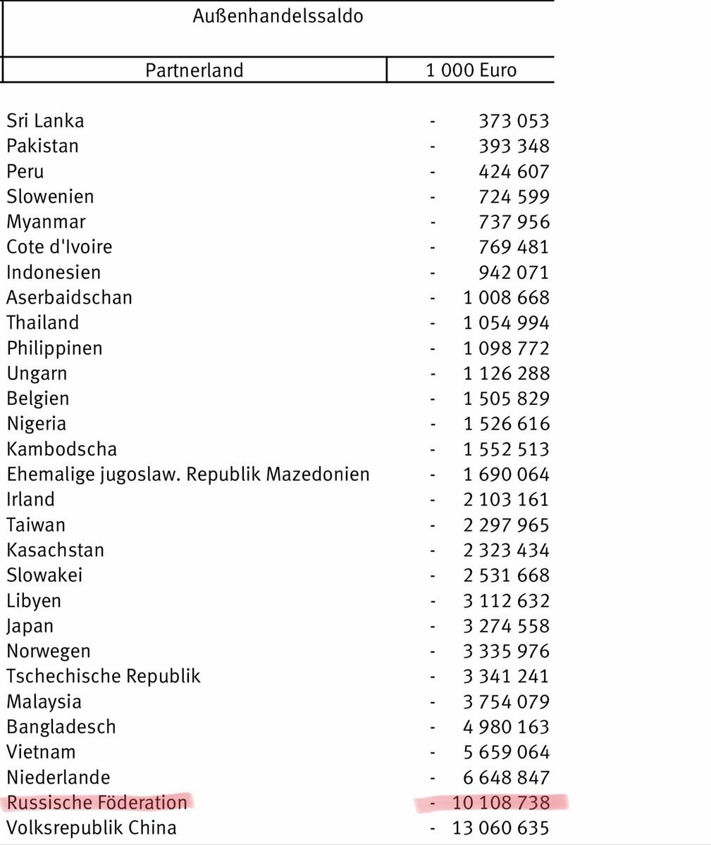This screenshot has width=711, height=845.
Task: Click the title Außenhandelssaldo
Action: pyautogui.click(x=278, y=16)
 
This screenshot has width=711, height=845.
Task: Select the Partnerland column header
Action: pyautogui.click(x=194, y=70)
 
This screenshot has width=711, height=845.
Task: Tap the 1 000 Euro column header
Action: pyautogui.click(x=471, y=70)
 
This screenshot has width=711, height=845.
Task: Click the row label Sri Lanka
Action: pyautogui.click(x=45, y=120)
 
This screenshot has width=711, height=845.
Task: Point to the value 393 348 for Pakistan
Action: pyautogui.click(x=513, y=146)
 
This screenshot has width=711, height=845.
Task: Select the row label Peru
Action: pyautogui.click(x=25, y=171)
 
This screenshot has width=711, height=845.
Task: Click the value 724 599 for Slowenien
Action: pyautogui.click(x=513, y=196)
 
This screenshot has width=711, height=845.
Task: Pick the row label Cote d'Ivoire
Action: pyautogui.click(x=59, y=247)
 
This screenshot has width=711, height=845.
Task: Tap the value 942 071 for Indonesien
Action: pyautogui.click(x=513, y=273)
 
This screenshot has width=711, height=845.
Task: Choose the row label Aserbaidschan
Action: pyautogui.click(x=69, y=298)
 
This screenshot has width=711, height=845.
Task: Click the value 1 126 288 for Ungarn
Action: pyautogui.click(x=506, y=373)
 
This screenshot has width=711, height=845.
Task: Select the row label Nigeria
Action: pyautogui.click(x=36, y=424)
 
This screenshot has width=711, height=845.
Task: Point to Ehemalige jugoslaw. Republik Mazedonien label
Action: pyautogui.click(x=188, y=475)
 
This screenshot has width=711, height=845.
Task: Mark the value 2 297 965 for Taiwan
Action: pyautogui.click(x=506, y=525)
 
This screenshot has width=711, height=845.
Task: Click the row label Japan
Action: pyautogui.click(x=30, y=626)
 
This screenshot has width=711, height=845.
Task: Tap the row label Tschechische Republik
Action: pyautogui.click(x=104, y=677)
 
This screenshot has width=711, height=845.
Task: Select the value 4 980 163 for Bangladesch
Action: pyautogui.click(x=506, y=727)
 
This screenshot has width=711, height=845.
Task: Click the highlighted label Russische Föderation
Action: pyautogui.click(x=97, y=803)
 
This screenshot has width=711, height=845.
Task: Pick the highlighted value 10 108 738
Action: pyautogui.click(x=500, y=803)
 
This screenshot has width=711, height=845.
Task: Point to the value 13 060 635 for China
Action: pyautogui.click(x=500, y=828)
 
